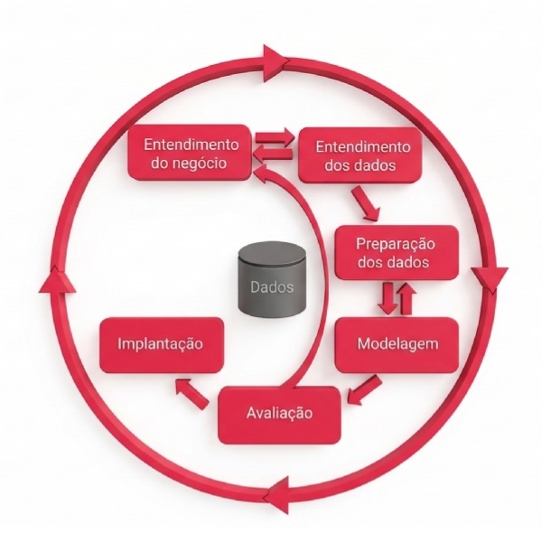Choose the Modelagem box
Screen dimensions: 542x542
point(398,344)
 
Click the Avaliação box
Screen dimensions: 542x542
point(279,413)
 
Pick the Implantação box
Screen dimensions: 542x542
point(159,344)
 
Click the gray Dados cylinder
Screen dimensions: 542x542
point(272,281)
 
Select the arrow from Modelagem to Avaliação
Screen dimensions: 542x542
point(362,390)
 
